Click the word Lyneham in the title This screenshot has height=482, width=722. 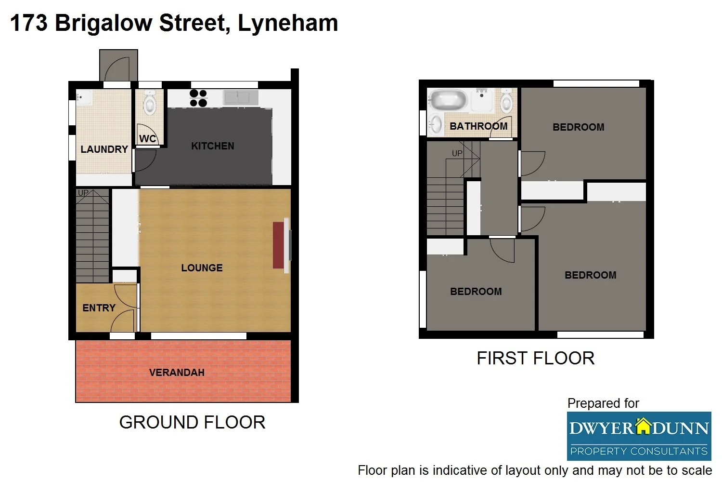point(287,23)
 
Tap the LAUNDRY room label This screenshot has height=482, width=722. point(104,149)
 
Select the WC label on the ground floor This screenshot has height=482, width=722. point(148,139)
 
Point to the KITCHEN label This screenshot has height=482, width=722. point(212,146)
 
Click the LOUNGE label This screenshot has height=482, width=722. point(202,268)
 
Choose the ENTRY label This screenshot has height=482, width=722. point(99,308)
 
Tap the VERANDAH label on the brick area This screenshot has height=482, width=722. point(177,373)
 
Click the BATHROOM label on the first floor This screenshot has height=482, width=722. point(478,126)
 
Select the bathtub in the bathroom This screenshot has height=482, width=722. point(448,100)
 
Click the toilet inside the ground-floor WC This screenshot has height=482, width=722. point(150,104)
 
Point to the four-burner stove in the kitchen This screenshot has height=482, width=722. point(198,98)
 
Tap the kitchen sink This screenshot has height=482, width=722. point(241,97)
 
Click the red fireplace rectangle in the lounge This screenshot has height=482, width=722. point(278,245)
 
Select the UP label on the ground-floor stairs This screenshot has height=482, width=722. point(83,193)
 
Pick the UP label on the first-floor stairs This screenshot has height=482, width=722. point(457,153)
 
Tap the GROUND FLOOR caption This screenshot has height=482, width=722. point(192,423)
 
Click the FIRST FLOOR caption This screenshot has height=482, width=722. point(535,359)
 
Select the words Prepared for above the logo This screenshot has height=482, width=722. point(603,403)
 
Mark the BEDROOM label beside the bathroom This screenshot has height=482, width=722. point(578,127)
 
